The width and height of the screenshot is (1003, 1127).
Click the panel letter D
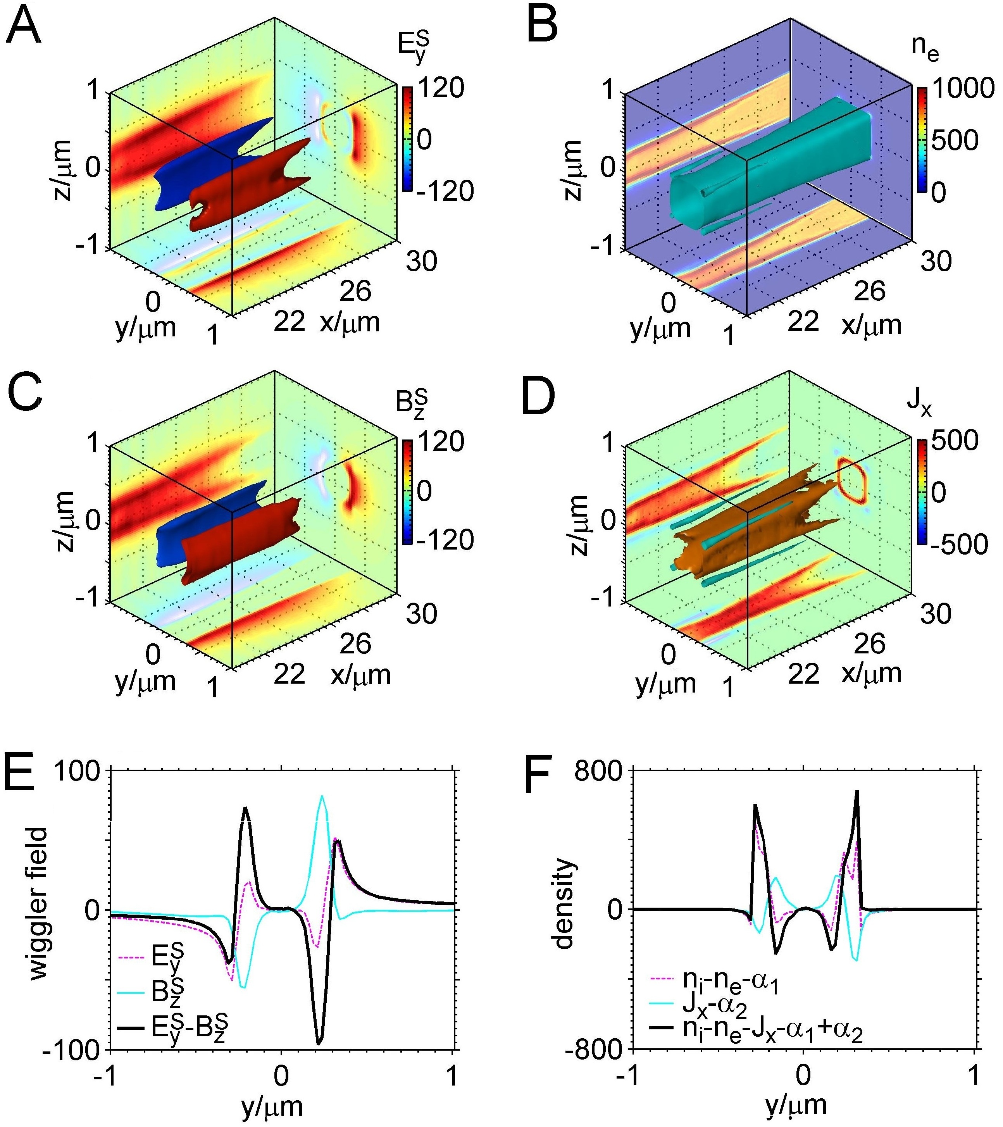coord(539,398)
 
